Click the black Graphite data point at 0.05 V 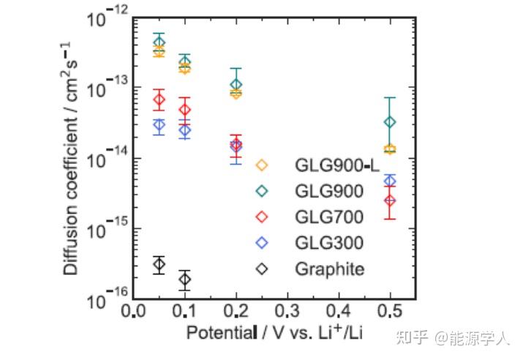pyautogui.click(x=159, y=264)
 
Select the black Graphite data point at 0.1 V pyautogui.click(x=184, y=279)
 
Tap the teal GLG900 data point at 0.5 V pyautogui.click(x=390, y=121)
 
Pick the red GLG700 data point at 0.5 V pyautogui.click(x=390, y=200)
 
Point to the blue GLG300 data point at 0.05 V pyautogui.click(x=159, y=125)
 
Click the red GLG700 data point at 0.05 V pyautogui.click(x=159, y=100)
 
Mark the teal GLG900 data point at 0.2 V pyautogui.click(x=236, y=85)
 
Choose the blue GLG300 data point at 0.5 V pyautogui.click(x=390, y=181)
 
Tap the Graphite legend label pyautogui.click(x=329, y=269)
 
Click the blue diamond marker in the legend pyautogui.click(x=263, y=242)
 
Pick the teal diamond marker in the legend pyautogui.click(x=263, y=190)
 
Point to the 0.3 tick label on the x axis pyautogui.click(x=287, y=312)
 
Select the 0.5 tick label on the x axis pyautogui.click(x=390, y=312)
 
